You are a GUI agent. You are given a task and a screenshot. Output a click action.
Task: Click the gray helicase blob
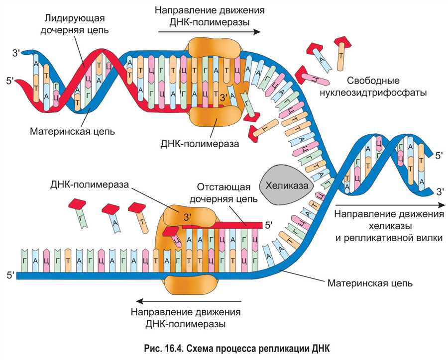pos(286,184)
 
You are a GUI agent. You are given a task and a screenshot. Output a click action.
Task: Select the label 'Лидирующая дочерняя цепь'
pos(74,24)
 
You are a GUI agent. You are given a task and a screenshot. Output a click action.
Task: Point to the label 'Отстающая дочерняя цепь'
pos(224,193)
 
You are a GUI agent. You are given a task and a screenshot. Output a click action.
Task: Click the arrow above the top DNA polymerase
pos(209,32)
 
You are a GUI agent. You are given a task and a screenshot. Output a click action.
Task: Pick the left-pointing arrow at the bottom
pos(189,301)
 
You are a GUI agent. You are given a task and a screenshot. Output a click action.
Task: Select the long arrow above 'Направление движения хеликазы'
pos(390,205)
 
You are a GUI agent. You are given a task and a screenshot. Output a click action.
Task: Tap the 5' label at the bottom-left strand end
pos(10,275)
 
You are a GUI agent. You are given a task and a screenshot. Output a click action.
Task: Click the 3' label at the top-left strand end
pos(16,53)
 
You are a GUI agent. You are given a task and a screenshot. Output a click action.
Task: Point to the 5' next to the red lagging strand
pos(269,226)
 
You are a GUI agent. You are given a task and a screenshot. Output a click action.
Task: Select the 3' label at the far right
pos(441,191)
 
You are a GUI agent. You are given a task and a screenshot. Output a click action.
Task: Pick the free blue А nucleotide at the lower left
pos(113,218)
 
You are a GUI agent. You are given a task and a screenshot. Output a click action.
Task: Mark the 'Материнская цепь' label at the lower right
pos(370,283)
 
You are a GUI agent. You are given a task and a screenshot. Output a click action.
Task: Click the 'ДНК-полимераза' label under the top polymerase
pos(200,143)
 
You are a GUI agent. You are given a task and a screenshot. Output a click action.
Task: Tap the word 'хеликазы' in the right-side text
pos(390,226)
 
